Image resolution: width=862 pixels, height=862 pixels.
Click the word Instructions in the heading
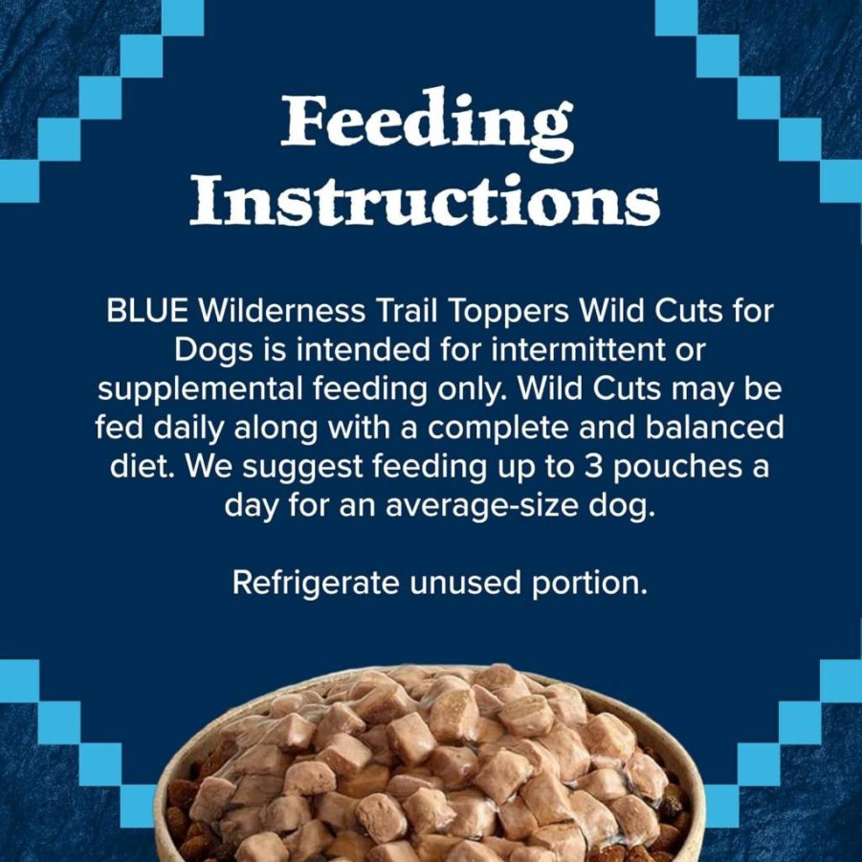(425, 201)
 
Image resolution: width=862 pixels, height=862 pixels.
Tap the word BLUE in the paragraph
(147, 311)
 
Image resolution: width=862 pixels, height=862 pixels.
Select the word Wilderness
(281, 311)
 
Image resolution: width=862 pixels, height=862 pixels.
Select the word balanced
(714, 427)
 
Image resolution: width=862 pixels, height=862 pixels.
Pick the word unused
(465, 583)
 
